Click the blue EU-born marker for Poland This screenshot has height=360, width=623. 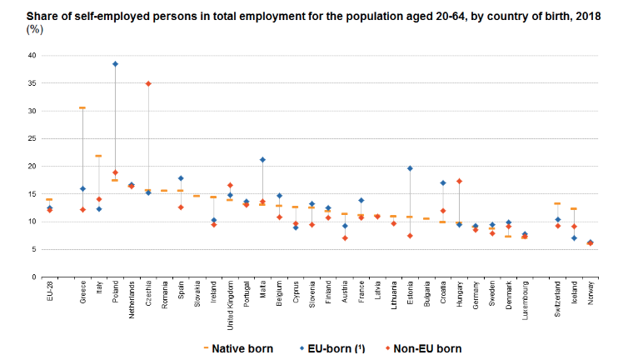(115, 63)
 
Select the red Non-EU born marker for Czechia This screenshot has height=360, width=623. (148, 83)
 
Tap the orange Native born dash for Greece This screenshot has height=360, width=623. (82, 107)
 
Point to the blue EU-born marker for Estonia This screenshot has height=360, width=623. (410, 168)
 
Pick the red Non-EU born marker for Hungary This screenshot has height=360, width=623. (459, 182)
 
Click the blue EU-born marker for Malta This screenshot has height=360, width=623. (262, 159)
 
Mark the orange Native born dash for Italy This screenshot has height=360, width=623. (98, 156)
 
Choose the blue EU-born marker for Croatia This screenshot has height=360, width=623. (443, 182)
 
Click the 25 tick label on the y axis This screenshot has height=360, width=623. (32, 138)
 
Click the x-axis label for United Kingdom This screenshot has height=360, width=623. (230, 308)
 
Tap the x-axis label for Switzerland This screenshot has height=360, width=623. (557, 303)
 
